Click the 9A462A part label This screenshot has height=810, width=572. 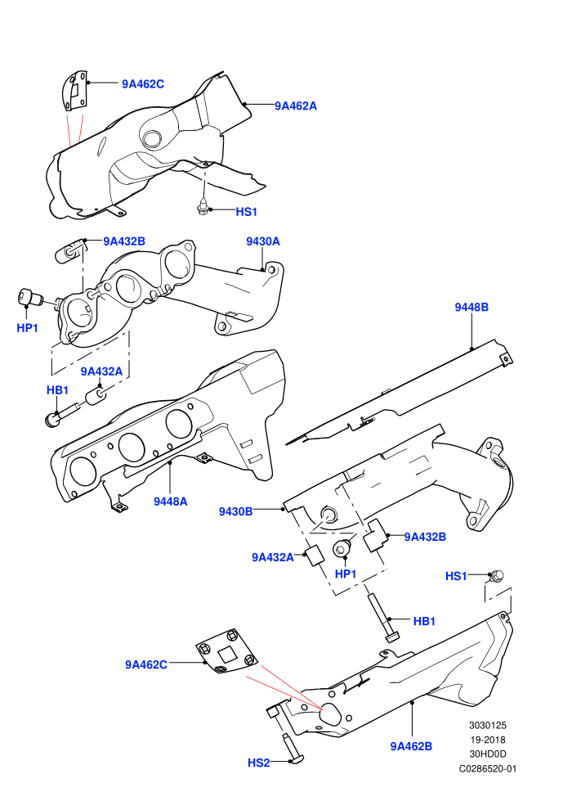pyautogui.click(x=296, y=106)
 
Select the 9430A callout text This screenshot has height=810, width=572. pyautogui.click(x=262, y=241)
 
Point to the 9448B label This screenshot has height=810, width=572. pyautogui.click(x=471, y=307)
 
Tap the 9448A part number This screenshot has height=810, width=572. pyautogui.click(x=170, y=501)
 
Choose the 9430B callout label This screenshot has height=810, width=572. pyautogui.click(x=235, y=511)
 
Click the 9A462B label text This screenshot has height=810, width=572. pyautogui.click(x=411, y=746)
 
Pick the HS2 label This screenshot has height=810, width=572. pyautogui.click(x=258, y=763)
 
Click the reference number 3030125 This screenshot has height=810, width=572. pyautogui.click(x=487, y=726)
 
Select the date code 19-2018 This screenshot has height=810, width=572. pyautogui.click(x=488, y=740)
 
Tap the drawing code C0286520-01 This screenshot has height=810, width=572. pyautogui.click(x=487, y=768)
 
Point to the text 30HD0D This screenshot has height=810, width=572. pyautogui.click(x=488, y=754)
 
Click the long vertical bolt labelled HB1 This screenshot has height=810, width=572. pyautogui.click(x=381, y=618)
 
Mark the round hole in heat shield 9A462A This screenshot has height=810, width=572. pyautogui.click(x=152, y=138)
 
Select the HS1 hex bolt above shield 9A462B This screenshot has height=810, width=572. pyautogui.click(x=497, y=575)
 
